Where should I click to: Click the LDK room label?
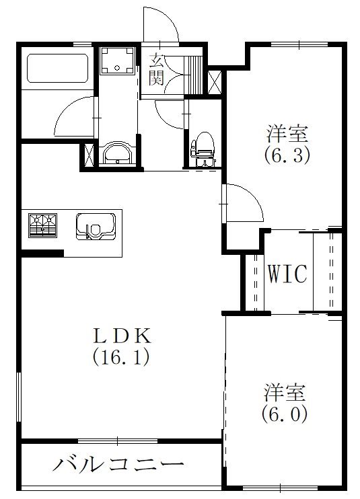[120, 334]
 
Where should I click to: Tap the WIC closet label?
[287, 274]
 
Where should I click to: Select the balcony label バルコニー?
[118, 464]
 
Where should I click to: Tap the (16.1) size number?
[120, 356]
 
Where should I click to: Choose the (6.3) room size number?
[286, 155]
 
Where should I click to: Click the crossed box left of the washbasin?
[88, 153]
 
